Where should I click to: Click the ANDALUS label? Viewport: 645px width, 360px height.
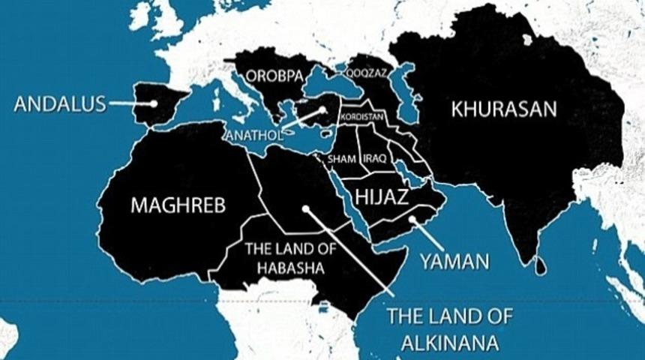coord(60,103)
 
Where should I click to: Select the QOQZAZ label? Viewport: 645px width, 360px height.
coord(365,74)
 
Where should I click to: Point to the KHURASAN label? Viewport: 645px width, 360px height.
coord(505,109)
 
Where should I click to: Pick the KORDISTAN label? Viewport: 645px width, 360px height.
coord(361,118)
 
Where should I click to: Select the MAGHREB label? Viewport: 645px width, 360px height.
coord(178,205)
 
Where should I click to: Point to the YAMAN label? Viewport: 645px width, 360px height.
coord(454,262)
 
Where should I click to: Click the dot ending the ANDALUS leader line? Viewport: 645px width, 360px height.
coord(153,103)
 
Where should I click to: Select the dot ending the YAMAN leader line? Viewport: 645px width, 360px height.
coord(412,220)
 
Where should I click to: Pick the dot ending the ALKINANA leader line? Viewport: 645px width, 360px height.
coord(304,209)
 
